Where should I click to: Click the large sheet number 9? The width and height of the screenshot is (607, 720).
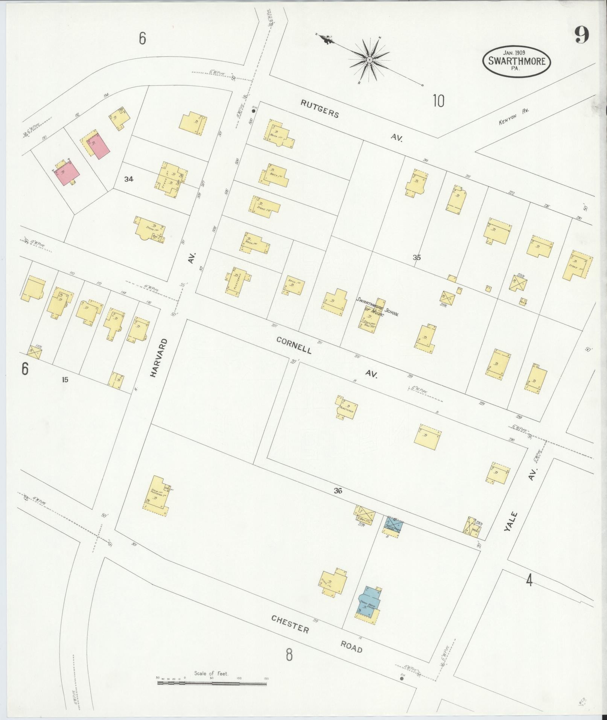[581, 37]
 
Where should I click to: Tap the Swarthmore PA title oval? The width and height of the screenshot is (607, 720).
[517, 61]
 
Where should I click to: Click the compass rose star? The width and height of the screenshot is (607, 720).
[369, 60]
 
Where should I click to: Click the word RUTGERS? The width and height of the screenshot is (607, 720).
[320, 109]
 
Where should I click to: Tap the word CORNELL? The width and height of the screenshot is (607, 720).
[294, 345]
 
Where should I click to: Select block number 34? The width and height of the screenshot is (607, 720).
[129, 180]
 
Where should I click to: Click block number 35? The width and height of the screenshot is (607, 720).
[416, 258]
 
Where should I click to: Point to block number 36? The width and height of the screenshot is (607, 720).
[338, 490]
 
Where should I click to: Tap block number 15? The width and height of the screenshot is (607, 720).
[65, 380]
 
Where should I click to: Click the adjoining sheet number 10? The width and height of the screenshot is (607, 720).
[438, 101]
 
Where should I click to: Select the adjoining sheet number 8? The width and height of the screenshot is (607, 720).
[289, 655]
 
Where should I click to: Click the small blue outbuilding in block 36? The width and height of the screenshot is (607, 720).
[394, 524]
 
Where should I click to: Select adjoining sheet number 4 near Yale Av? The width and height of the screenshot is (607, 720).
[529, 581]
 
